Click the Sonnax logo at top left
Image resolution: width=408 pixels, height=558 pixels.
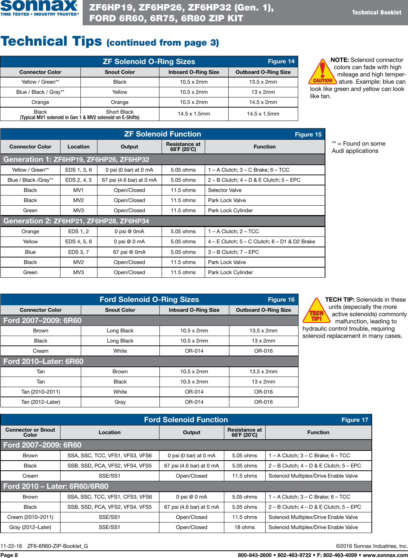[x=39, y=8]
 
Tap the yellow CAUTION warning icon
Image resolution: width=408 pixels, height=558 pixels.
[x=322, y=72]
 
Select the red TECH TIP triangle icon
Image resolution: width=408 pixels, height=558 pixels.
[x=316, y=311]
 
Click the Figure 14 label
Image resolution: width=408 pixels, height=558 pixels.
[x=281, y=61]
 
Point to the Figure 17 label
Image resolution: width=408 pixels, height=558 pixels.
[x=355, y=420]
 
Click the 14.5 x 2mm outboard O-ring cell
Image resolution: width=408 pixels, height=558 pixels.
[x=263, y=102]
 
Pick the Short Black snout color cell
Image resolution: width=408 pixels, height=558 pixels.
[x=120, y=112]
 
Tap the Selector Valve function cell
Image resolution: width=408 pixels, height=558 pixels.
[x=225, y=190]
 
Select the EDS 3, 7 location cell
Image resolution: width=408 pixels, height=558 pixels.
[x=79, y=252]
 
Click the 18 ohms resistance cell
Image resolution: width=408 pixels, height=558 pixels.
[x=245, y=527]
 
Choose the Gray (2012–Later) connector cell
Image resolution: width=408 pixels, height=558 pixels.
[x=30, y=527]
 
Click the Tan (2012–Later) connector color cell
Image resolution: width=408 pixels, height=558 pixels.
[x=41, y=402]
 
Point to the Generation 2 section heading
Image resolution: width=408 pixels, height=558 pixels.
[x=76, y=221]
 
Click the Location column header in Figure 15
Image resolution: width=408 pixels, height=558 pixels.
[x=79, y=147]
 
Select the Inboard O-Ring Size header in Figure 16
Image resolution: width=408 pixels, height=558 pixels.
[x=194, y=310]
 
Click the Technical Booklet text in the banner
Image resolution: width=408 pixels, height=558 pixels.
[x=376, y=12]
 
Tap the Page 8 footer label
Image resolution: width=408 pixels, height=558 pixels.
[x=9, y=555]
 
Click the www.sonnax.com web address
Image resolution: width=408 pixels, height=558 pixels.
[x=385, y=555]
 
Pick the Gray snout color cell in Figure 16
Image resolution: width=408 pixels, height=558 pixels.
[x=120, y=402]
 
